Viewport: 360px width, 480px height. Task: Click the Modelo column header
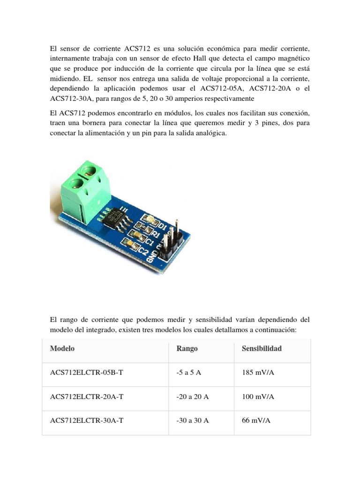(x=62, y=349)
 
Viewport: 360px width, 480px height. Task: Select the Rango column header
(x=187, y=349)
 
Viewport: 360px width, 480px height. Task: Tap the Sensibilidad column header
(x=262, y=349)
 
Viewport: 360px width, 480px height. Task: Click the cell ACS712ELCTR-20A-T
(x=87, y=397)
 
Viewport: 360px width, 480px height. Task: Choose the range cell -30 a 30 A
(x=193, y=420)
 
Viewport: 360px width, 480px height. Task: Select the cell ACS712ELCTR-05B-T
(x=87, y=373)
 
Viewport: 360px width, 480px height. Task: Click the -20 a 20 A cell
(x=193, y=397)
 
